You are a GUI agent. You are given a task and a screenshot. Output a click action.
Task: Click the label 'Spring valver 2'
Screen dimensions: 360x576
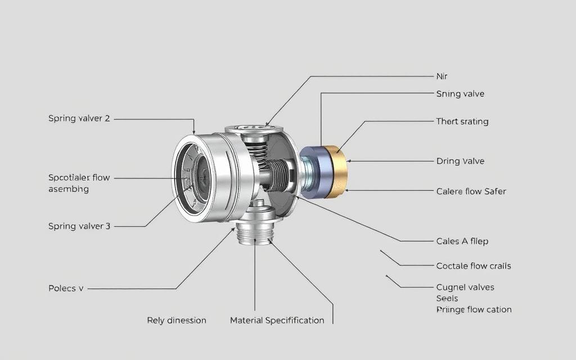pos(79,119)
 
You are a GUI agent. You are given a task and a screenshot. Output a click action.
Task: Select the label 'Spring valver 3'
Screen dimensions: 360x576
pos(79,226)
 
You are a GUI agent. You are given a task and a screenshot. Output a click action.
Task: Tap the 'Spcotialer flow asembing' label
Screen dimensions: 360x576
pos(79,183)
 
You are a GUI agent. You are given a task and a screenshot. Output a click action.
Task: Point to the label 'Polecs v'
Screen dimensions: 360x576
pos(66,289)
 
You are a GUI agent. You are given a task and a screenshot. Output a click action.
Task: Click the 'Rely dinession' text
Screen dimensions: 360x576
pos(177,320)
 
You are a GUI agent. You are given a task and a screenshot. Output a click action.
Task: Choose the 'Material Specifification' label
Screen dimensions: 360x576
pos(277,320)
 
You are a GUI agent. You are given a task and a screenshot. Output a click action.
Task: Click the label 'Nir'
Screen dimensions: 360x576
pos(442,76)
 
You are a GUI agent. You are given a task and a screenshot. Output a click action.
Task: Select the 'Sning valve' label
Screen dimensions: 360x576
pos(460,94)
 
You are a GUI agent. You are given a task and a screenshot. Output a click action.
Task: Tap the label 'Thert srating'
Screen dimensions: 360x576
pos(462,121)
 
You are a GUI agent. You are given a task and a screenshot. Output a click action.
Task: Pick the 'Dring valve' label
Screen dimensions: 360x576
pos(460,161)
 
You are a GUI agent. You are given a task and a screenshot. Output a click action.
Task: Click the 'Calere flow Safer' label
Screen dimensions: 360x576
pos(471,191)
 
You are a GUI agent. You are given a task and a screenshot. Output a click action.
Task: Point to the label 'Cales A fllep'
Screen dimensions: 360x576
pos(462,241)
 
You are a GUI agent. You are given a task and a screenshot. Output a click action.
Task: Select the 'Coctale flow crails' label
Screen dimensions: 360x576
pos(473,265)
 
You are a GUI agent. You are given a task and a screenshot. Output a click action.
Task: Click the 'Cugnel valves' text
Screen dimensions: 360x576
pos(465,287)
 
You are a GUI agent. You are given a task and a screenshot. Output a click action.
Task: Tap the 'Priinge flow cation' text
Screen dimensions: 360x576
pos(474,309)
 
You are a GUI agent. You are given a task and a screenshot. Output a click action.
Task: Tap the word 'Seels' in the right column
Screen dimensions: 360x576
pos(447,298)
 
